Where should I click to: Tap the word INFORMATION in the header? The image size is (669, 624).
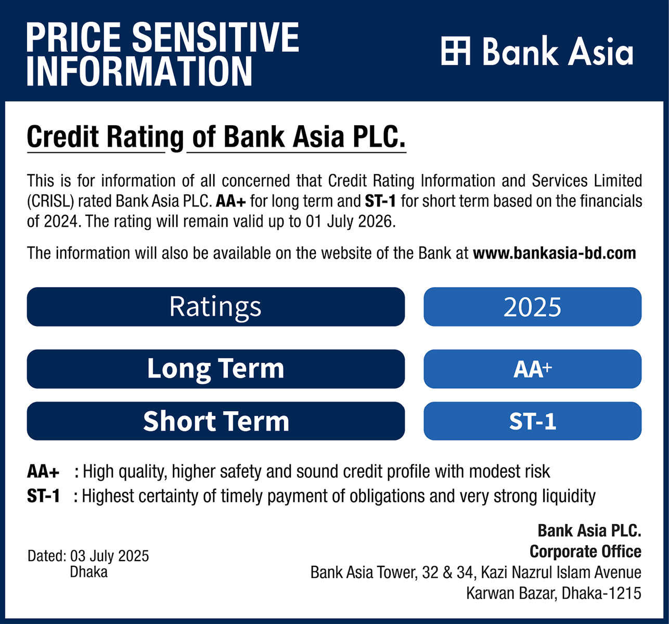coord(139,71)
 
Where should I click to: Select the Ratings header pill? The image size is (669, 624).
coord(215,306)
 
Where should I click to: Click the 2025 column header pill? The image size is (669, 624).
coord(532,306)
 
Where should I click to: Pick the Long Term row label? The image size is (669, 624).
coord(215,369)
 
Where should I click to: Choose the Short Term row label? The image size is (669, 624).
coord(215,421)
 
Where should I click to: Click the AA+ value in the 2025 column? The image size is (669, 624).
coord(532,369)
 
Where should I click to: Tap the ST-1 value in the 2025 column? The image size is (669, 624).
coord(532,421)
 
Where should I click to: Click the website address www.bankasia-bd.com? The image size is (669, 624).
coord(555,253)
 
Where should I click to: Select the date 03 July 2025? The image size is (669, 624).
coord(109,556)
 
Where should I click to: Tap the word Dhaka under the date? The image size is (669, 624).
coord(88,572)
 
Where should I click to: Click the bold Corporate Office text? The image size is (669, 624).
coord(585,552)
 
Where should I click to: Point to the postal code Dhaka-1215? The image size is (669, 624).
coord(601,593)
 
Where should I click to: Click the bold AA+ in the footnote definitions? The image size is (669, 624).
coord(43,472)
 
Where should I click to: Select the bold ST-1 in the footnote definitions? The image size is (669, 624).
coord(44,496)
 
